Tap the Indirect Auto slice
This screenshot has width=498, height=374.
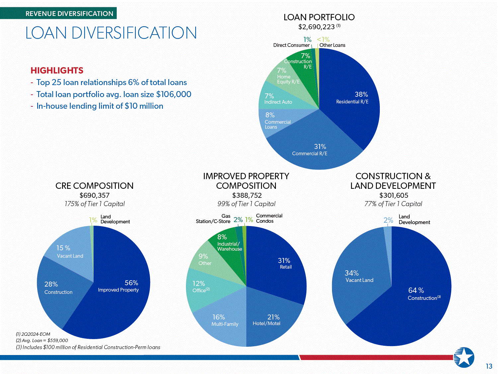(x=277, y=99)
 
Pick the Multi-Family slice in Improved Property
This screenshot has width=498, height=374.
(x=224, y=321)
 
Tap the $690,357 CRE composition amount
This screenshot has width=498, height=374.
(x=95, y=195)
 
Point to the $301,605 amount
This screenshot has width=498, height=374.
(x=394, y=195)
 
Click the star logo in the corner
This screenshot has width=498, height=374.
(x=464, y=357)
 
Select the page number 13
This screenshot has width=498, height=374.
(x=489, y=366)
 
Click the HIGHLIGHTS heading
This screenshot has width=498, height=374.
(x=57, y=70)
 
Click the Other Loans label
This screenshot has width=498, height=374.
(x=332, y=45)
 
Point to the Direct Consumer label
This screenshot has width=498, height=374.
(x=291, y=45)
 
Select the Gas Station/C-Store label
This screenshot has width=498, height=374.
(x=213, y=219)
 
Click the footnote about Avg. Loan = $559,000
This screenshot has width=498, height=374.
(x=42, y=340)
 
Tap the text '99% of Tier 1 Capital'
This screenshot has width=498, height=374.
(x=246, y=204)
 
